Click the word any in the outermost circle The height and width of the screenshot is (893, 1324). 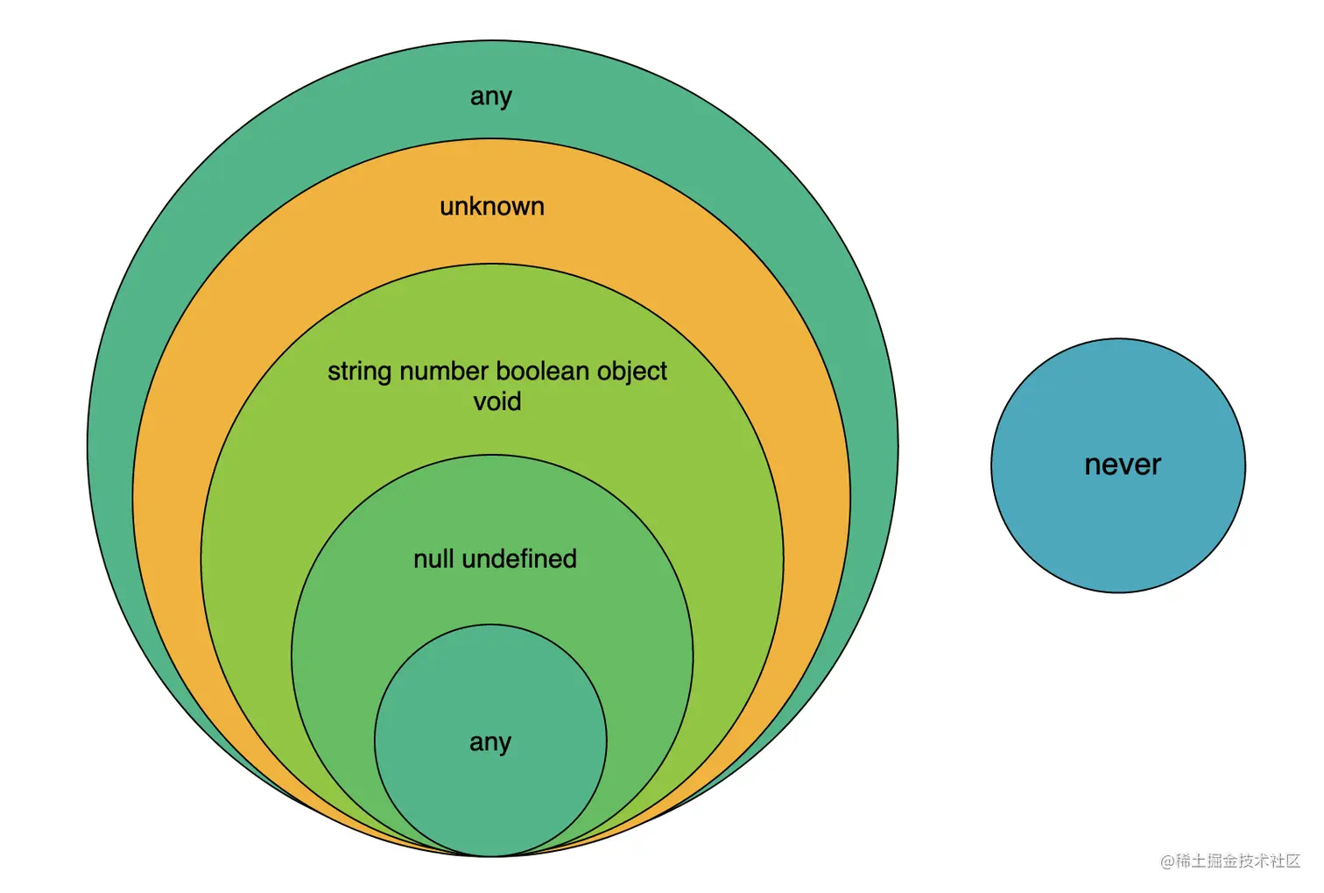click(490, 96)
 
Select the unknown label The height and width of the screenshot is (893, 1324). click(491, 207)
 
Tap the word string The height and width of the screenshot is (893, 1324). click(359, 372)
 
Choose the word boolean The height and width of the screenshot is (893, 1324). click(536, 372)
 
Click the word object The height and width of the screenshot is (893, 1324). click(631, 372)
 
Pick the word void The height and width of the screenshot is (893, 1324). click(497, 402)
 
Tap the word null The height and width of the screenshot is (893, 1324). click(433, 559)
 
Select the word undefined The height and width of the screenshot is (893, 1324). click(519, 559)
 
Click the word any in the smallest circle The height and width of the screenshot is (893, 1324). click(489, 743)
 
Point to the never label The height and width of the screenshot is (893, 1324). click(1122, 465)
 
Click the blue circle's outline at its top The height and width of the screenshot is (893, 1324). click(1118, 339)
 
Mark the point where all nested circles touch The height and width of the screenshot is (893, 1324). click(491, 855)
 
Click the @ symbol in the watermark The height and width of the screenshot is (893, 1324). click(1167, 861)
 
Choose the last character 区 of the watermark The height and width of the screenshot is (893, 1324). click(1293, 861)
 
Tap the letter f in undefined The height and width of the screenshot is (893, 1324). click(536, 559)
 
